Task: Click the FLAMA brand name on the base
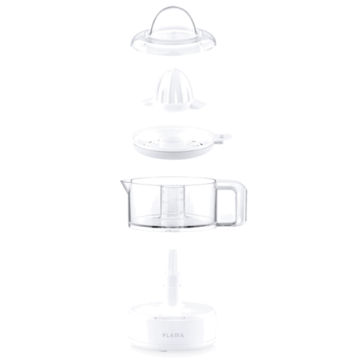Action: click(x=173, y=335)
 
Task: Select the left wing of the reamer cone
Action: click(x=151, y=102)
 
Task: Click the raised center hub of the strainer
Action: click(x=172, y=140)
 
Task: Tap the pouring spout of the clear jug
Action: click(x=125, y=184)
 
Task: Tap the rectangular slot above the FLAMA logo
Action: click(x=171, y=319)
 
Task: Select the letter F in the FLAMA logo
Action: click(x=164, y=335)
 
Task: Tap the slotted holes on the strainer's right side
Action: click(x=193, y=144)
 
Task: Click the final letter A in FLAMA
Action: click(x=181, y=335)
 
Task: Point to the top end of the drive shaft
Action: click(x=173, y=251)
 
